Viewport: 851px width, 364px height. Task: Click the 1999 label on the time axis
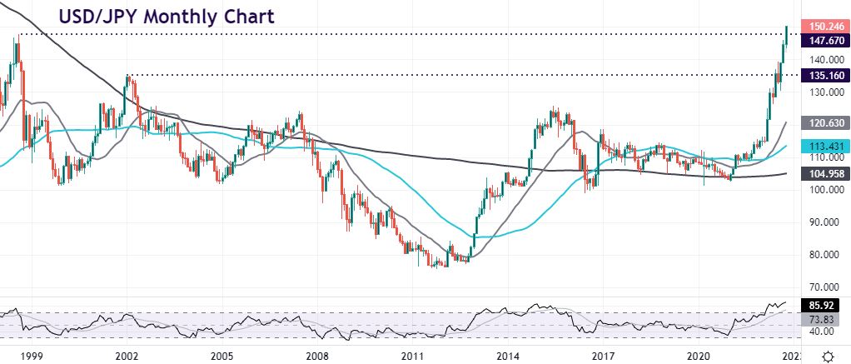32,355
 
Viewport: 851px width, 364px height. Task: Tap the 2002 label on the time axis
127,355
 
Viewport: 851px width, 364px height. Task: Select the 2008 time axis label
315,355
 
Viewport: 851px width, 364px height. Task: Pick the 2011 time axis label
410,355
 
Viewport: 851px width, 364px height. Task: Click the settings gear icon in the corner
829,355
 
